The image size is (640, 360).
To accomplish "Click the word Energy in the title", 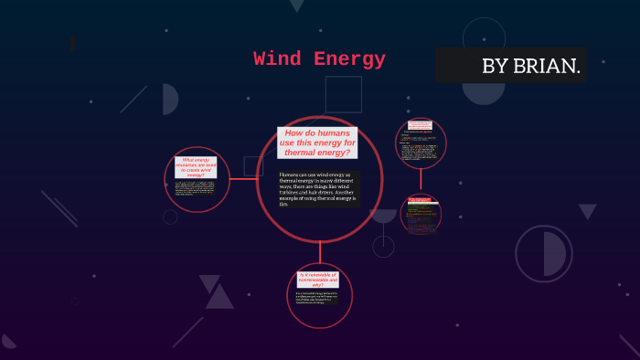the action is [x=349, y=60].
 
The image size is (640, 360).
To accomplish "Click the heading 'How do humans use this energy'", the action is [x=318, y=143].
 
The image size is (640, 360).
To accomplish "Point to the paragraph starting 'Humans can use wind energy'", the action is [x=318, y=189].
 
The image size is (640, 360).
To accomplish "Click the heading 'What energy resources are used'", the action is [x=196, y=167].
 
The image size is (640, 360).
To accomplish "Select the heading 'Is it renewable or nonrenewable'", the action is [x=318, y=280].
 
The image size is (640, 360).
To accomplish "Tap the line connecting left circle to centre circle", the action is [x=242, y=180].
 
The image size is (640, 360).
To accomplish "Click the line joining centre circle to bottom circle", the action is [x=319, y=253].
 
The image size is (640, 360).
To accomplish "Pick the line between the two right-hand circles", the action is [x=421, y=181].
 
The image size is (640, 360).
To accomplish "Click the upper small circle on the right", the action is [x=421, y=143].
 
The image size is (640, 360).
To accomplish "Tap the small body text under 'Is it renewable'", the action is [x=318, y=298].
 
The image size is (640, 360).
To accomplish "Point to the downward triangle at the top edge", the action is [x=296, y=5].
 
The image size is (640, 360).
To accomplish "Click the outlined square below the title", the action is [x=343, y=94].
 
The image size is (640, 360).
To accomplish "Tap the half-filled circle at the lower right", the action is [x=543, y=253].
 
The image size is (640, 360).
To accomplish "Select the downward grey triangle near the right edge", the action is [x=587, y=211].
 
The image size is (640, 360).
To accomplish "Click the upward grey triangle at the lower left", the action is [x=219, y=297].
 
